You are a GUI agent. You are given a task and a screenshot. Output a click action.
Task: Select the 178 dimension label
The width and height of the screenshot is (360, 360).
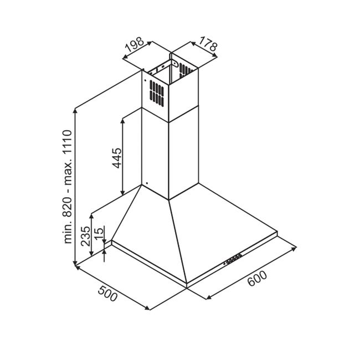click(208, 44)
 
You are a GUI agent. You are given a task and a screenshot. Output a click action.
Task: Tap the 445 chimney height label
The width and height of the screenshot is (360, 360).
click(117, 158)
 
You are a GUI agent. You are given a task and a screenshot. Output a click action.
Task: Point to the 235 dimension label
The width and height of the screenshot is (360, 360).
click(86, 236)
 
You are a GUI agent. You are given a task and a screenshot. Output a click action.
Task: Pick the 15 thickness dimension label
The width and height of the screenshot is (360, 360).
click(99, 234)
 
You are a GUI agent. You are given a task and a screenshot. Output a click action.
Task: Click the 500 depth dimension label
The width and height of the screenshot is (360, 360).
click(107, 294)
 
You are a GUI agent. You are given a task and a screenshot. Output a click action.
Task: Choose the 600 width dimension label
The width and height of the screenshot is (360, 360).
click(258, 279)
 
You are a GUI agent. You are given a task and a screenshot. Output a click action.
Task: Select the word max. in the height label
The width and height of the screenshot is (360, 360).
click(68, 172)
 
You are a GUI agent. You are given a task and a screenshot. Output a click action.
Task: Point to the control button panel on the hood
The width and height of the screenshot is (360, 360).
click(233, 259)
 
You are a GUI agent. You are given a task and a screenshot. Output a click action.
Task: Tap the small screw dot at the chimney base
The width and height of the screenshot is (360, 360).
click(147, 183)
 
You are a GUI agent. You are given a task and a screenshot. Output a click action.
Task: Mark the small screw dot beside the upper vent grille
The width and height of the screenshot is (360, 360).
click(145, 80)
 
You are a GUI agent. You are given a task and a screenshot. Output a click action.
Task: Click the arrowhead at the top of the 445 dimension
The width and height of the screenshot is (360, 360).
click(123, 121)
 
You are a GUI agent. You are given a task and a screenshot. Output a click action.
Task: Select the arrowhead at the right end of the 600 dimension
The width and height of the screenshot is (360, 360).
click(294, 249)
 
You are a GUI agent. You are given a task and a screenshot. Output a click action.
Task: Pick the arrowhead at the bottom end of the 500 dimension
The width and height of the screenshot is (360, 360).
click(147, 308)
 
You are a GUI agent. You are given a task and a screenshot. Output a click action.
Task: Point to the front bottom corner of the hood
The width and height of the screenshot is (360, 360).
click(187, 287)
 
